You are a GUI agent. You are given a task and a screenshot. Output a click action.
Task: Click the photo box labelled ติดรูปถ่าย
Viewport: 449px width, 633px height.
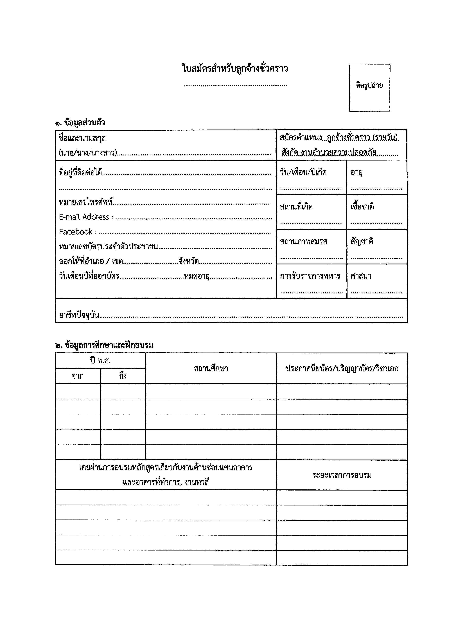point(369,88)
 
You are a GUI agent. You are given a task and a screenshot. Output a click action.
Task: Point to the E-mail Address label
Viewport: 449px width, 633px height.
point(86,217)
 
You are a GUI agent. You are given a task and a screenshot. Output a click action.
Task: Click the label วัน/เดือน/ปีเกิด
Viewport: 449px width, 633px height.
point(303,172)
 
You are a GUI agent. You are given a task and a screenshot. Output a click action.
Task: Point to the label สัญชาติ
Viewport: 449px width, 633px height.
point(362,241)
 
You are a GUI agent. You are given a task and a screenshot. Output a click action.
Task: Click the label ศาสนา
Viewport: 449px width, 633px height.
point(361,276)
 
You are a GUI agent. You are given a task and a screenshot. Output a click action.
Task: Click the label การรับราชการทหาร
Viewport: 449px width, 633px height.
point(310,276)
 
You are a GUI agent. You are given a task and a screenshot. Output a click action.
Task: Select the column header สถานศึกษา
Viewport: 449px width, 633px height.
point(211,368)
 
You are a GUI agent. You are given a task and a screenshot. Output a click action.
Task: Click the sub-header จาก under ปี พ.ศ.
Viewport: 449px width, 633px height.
point(78,376)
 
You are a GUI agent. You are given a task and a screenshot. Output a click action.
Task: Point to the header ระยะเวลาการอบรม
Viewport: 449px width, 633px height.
point(342,475)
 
